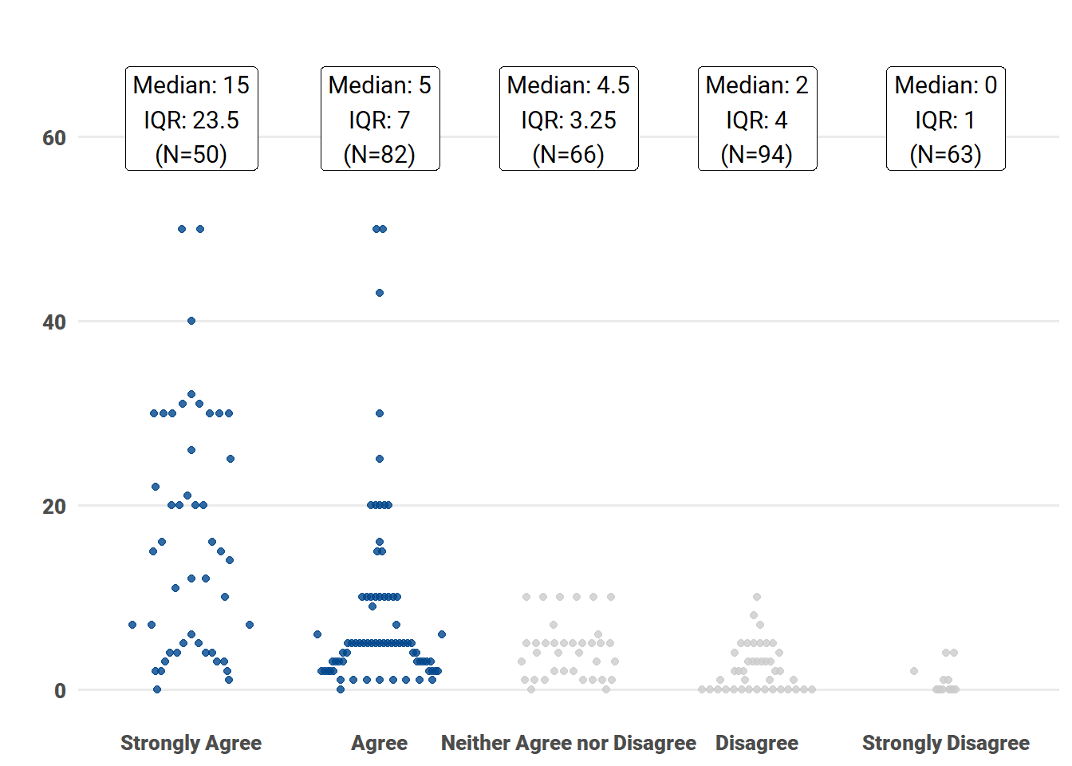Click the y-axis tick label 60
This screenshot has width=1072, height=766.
(x=54, y=138)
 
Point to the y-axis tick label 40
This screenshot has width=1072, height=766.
(x=54, y=322)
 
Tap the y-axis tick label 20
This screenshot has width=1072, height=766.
(x=54, y=507)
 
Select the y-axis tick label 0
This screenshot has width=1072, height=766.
(x=60, y=691)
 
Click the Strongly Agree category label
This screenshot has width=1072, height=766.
(x=191, y=743)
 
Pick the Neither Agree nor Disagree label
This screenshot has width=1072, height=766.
(x=568, y=743)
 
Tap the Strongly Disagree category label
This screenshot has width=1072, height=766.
(x=945, y=743)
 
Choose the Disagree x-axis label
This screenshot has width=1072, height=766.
(x=756, y=743)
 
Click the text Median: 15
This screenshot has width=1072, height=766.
(x=191, y=85)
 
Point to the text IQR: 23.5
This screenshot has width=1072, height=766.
(x=191, y=120)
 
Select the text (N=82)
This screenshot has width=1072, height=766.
(x=380, y=154)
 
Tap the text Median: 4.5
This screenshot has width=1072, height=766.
(x=569, y=85)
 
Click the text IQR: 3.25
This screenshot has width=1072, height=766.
(x=569, y=120)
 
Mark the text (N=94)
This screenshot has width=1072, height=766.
(x=757, y=154)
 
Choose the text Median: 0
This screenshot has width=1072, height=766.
(x=946, y=85)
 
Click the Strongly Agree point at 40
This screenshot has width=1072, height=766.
(x=191, y=321)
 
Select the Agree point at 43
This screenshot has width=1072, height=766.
(x=380, y=293)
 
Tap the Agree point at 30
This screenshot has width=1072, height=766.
(x=380, y=413)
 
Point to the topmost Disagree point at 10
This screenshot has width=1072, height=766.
(x=757, y=597)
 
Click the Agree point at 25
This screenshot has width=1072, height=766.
(x=380, y=459)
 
